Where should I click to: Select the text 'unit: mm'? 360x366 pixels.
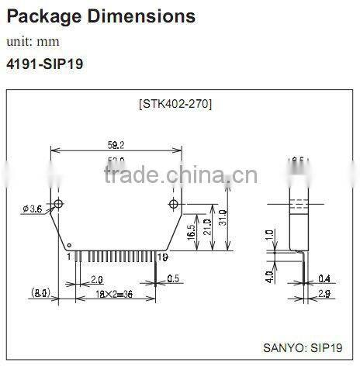point(33,40)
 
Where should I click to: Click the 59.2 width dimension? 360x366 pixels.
point(116,143)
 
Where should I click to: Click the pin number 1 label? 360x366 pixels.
point(68,257)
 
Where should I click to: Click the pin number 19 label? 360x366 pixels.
point(162,257)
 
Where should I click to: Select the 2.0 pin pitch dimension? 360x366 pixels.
point(97,278)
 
